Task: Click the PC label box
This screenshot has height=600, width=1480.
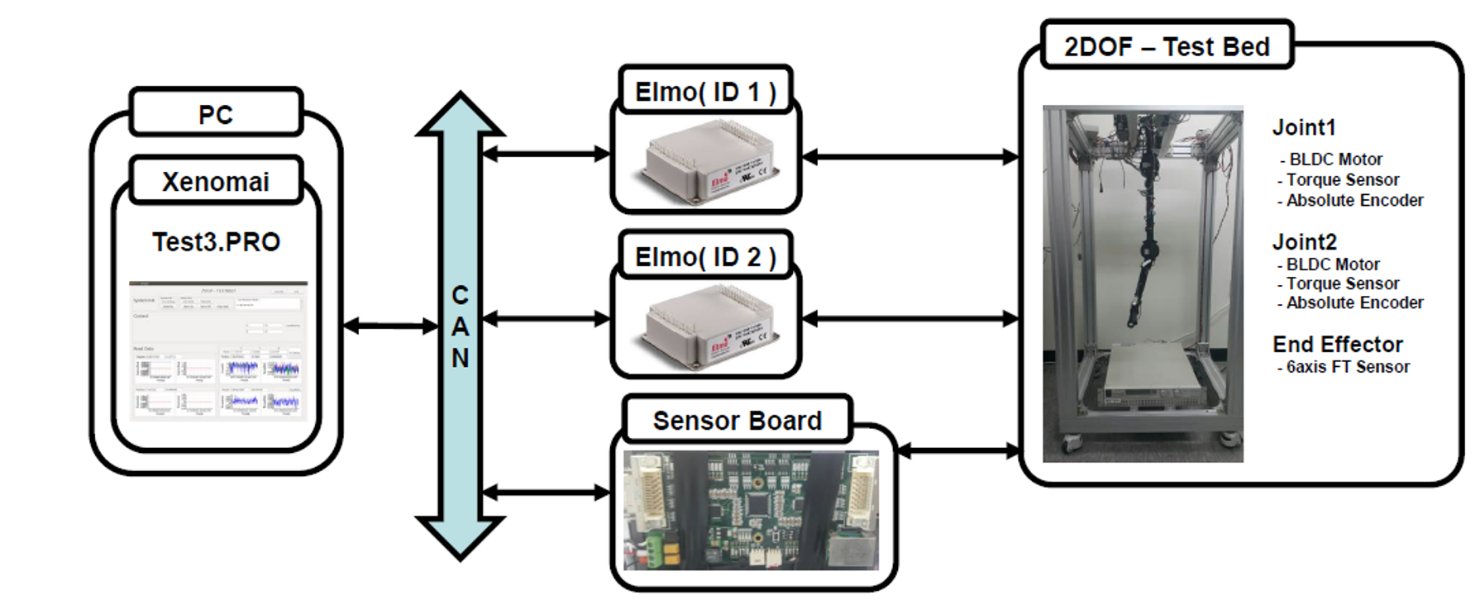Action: [216, 114]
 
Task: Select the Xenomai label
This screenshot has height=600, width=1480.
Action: [216, 181]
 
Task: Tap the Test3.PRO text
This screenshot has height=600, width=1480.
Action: [216, 241]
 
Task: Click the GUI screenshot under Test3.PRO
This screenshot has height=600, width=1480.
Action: [218, 350]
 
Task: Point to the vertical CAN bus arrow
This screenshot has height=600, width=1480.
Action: [460, 326]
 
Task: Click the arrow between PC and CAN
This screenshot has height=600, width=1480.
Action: [389, 326]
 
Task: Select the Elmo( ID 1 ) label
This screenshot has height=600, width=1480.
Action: [705, 92]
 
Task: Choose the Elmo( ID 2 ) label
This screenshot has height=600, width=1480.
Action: [705, 257]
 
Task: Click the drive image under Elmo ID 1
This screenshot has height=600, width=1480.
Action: [705, 161]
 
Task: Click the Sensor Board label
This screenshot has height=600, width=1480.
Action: [737, 421]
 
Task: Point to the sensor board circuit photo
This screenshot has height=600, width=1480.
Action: [751, 509]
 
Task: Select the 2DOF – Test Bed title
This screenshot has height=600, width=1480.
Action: [1167, 46]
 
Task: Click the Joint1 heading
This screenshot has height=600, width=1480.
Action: [1304, 127]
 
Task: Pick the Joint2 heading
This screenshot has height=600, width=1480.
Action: [1304, 242]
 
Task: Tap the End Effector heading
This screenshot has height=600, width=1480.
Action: [1337, 344]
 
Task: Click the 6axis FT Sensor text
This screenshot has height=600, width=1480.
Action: [1348, 367]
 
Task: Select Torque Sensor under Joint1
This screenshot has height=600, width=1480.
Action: [1343, 179]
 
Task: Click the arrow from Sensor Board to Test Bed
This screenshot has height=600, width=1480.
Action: [958, 450]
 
